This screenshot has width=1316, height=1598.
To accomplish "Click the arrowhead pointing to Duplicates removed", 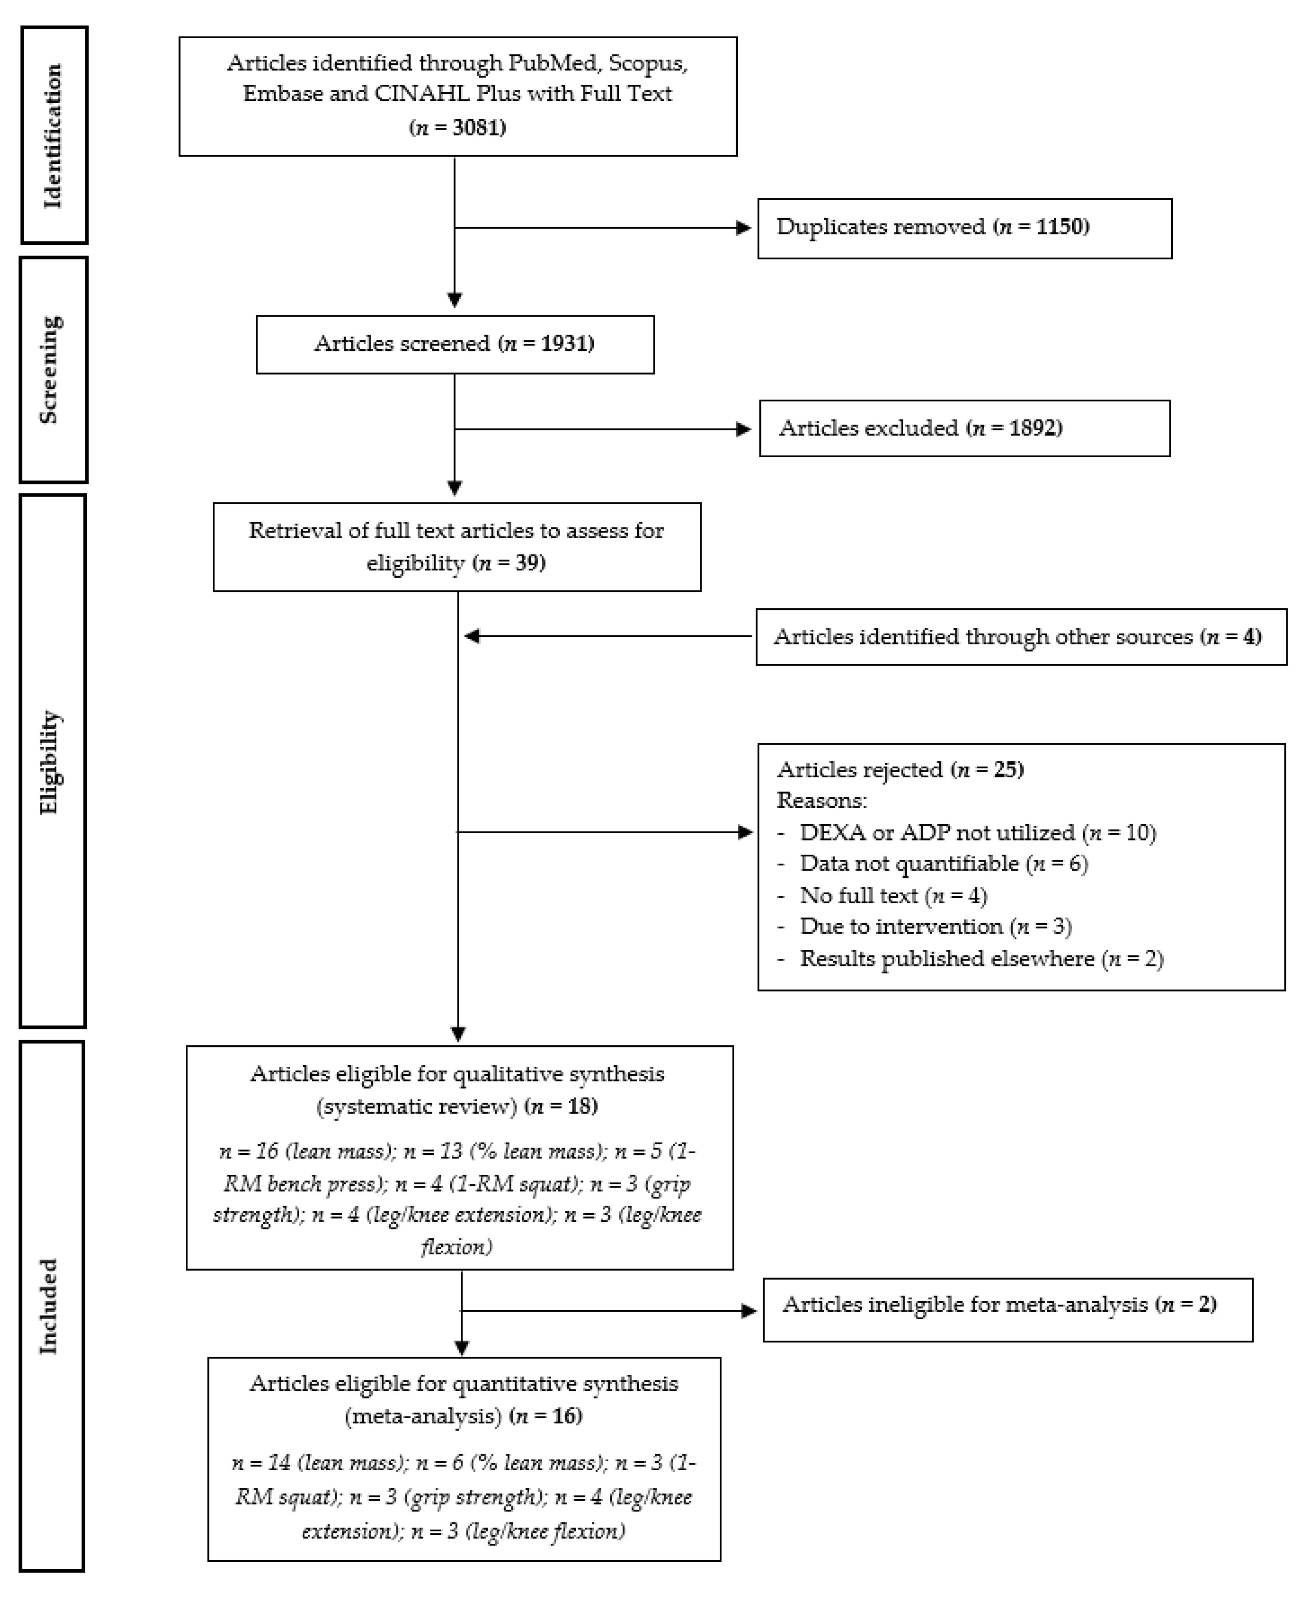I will coord(743,228).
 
